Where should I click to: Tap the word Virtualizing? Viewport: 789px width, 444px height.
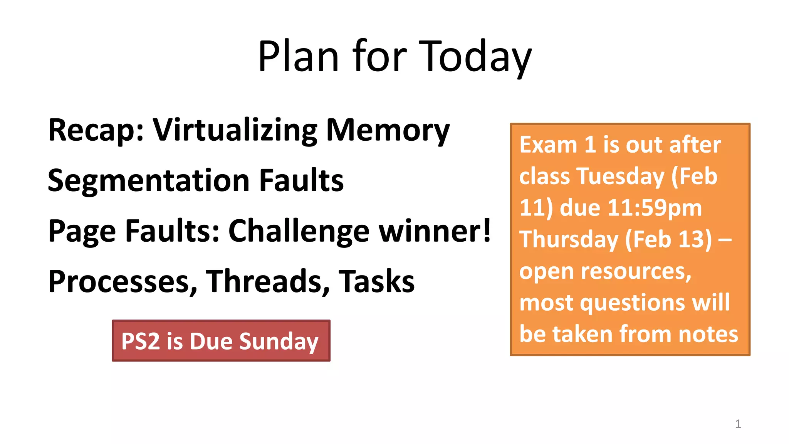[235, 130]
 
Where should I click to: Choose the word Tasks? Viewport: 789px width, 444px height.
[376, 281]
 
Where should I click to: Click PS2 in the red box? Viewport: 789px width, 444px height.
[140, 341]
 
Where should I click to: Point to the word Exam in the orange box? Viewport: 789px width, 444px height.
[548, 145]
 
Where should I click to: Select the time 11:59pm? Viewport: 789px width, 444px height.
[655, 208]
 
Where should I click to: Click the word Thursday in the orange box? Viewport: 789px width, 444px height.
[569, 240]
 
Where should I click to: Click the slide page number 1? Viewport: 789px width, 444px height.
[738, 424]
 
